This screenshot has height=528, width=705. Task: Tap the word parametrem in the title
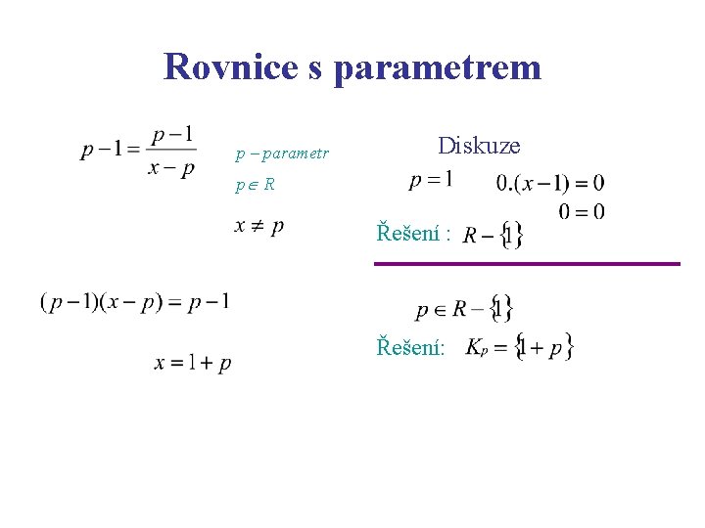437,66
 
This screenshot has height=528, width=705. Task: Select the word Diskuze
479,146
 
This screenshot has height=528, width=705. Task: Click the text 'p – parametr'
282,154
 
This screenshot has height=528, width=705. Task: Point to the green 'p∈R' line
255,184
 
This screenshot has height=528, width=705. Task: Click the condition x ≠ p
259,226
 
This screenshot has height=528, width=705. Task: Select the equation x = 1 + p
193,363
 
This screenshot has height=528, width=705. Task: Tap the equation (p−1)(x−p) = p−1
135,302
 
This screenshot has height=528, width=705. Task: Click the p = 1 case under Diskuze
431,180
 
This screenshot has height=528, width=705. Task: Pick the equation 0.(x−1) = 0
549,183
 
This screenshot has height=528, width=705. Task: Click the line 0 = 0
582,211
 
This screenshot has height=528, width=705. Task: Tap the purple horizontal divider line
527,263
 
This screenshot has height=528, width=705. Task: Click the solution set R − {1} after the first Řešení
493,235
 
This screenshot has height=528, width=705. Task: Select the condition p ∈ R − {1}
464,310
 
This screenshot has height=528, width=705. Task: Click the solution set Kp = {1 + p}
519,347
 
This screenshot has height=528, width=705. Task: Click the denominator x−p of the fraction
171,167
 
